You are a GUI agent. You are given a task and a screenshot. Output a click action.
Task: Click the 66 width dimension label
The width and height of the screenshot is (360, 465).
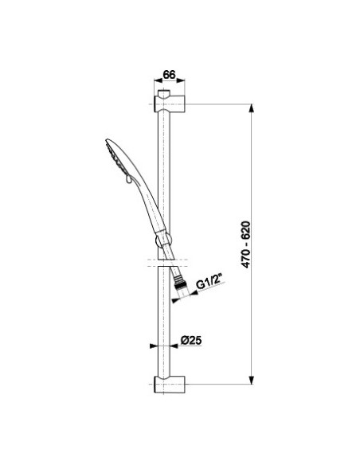pos(170,74)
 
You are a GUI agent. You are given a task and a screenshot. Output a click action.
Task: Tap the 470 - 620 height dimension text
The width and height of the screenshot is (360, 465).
pos(246,244)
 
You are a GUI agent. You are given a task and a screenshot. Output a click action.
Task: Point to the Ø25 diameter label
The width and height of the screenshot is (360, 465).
pos(190,340)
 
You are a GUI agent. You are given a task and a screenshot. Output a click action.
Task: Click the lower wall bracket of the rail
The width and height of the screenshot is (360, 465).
pos(170,385)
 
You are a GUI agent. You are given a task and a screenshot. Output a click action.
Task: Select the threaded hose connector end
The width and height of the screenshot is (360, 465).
pos(179,283)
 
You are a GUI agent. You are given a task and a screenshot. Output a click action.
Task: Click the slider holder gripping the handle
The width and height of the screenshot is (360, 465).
pos(163,240)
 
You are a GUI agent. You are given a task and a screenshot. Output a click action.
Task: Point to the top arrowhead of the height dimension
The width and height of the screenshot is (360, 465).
pos(252,108)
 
